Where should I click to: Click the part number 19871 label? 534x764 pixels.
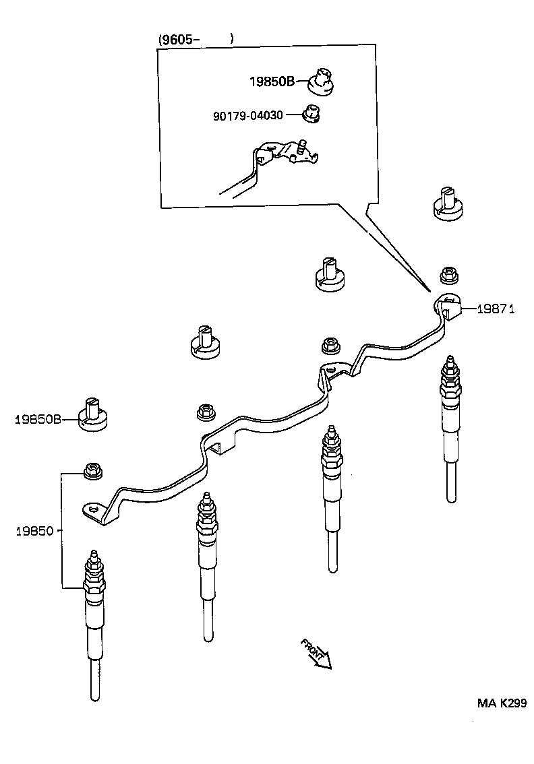tap(496, 309)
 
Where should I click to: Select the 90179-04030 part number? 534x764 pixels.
tap(248, 116)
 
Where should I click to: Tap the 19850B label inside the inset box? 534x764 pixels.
tap(272, 82)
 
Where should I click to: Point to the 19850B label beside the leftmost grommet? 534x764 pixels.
tap(38, 419)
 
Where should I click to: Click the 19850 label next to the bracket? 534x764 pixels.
tap(34, 530)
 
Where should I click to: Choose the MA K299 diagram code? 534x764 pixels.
tap(502, 703)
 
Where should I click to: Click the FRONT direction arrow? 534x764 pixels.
tap(316, 654)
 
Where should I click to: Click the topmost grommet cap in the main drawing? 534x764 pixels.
tap(446, 202)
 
